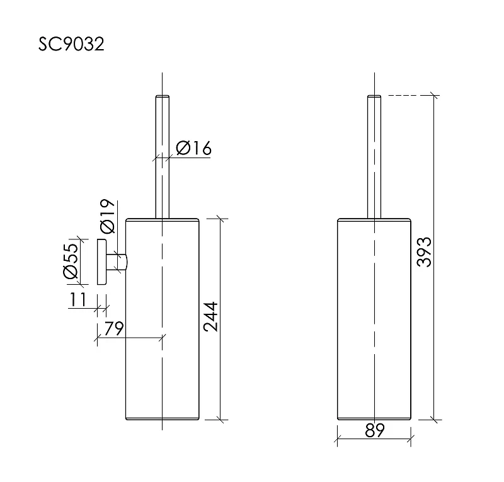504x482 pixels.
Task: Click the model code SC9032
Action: tap(71, 44)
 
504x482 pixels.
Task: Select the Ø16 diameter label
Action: tap(194, 148)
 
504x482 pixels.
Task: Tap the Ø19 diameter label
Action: tap(107, 215)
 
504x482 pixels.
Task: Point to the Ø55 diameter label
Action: tap(71, 261)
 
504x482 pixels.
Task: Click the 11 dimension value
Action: tap(77, 300)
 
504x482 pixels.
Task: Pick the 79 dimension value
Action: tap(114, 328)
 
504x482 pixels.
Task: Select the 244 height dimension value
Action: tap(211, 317)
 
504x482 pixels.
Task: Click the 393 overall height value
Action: tap(423, 252)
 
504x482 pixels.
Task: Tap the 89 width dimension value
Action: tap(375, 430)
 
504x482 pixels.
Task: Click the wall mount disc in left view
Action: tap(101, 261)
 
